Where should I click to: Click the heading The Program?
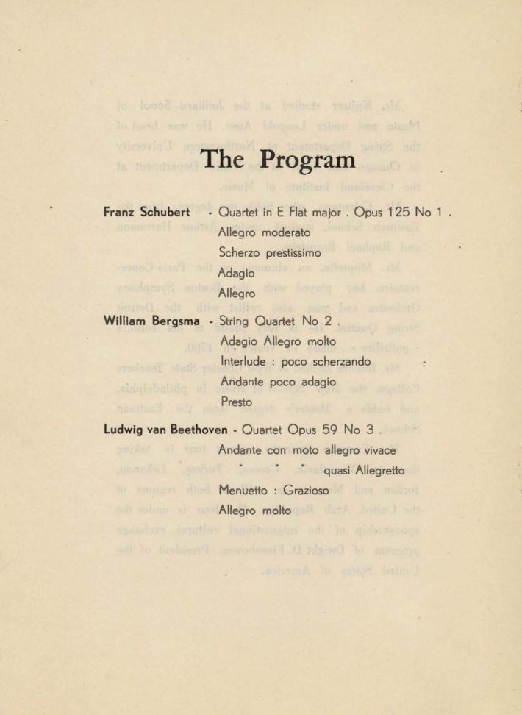[277, 160]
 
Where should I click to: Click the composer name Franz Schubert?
[148, 213]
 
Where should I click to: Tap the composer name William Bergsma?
[153, 321]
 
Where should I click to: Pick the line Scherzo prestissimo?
[270, 252]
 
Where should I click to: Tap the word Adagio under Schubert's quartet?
[237, 272]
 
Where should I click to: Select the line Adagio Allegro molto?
[278, 341]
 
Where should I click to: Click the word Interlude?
[245, 362]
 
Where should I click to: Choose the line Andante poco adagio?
[277, 382]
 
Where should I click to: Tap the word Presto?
[236, 402]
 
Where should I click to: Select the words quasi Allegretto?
[364, 471]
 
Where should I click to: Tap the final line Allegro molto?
[254, 511]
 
